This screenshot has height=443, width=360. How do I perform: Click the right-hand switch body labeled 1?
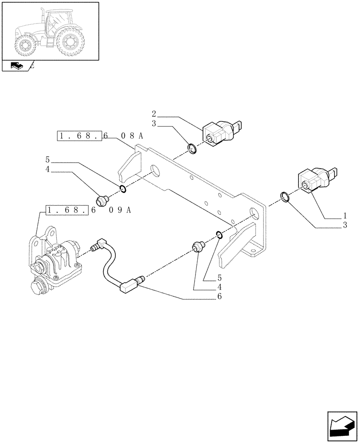point(316,181)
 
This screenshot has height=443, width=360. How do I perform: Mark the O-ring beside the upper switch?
point(193,149)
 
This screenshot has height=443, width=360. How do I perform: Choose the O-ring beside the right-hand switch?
point(286,196)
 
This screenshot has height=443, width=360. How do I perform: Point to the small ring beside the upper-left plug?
point(123,190)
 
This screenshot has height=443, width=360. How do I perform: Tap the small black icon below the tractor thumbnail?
point(16,66)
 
